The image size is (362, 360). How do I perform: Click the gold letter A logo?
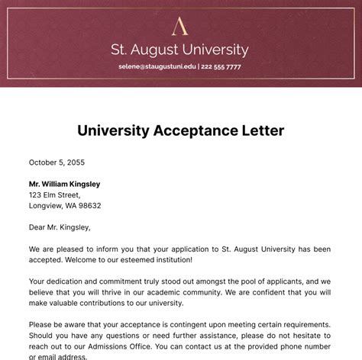tap(180, 27)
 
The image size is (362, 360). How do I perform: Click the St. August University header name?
tap(180, 50)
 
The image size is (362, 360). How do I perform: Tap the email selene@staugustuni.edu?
tap(157, 67)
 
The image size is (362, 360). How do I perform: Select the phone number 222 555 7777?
tap(221, 67)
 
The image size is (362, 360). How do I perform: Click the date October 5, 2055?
tap(57, 162)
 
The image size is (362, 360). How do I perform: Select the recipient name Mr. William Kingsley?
tap(64, 184)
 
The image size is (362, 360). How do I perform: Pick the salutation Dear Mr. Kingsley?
tap(60, 227)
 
